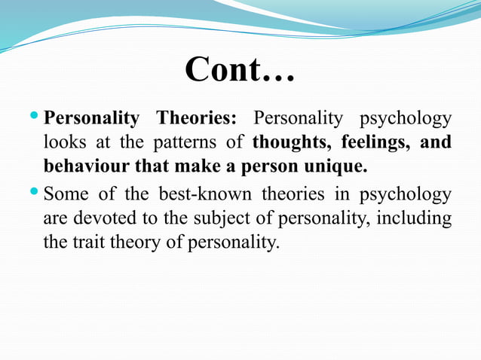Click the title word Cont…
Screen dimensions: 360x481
[240, 69]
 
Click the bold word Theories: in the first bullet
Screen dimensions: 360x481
[196, 118]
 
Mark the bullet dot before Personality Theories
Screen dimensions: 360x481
[38, 117]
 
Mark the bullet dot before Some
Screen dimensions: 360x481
[38, 195]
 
